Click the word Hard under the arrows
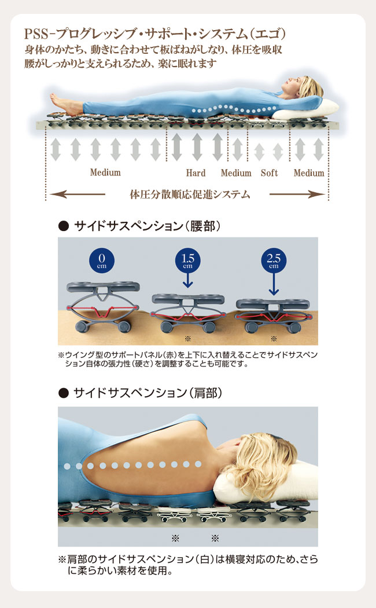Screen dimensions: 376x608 click(x=196, y=173)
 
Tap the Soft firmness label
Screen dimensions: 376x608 click(x=269, y=173)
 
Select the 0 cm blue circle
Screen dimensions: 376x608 click(x=102, y=259)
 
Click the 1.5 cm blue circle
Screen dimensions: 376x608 click(x=188, y=259)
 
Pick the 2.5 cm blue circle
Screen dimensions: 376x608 click(x=274, y=259)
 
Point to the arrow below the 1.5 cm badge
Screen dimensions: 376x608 click(x=188, y=280)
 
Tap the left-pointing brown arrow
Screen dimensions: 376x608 click(x=78, y=194)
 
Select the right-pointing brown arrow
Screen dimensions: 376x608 click(x=297, y=194)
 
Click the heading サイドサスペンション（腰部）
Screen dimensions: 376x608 click(x=148, y=226)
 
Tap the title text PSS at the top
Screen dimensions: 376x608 click(x=37, y=35)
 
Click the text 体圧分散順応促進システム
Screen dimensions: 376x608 click(x=190, y=194)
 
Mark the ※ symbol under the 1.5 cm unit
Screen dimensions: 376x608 click(x=188, y=339)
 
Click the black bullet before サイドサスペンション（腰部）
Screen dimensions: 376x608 click(x=63, y=226)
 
